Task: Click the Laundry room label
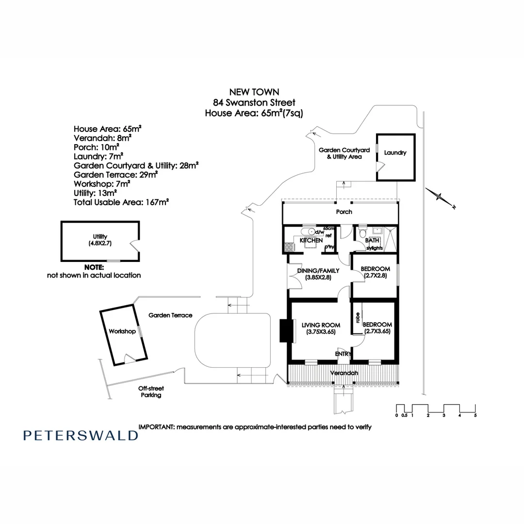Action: coord(395,153)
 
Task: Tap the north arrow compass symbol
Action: coord(441,197)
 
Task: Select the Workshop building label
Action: coord(122,331)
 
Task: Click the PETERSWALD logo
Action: coord(81,435)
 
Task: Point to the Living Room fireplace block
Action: coord(284,331)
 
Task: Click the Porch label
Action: coord(344,212)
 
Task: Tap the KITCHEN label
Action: coord(311,241)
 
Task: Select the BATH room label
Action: coord(372,241)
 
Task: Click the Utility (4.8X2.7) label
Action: coord(100,240)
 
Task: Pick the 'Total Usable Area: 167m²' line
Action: coord(121,202)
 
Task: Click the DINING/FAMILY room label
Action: coord(319,271)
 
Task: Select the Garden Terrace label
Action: coord(170,315)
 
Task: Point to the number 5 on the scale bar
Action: coord(475,416)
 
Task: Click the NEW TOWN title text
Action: coord(254,92)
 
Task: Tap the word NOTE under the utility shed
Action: coord(94,267)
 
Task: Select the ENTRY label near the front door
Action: coord(343,355)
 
